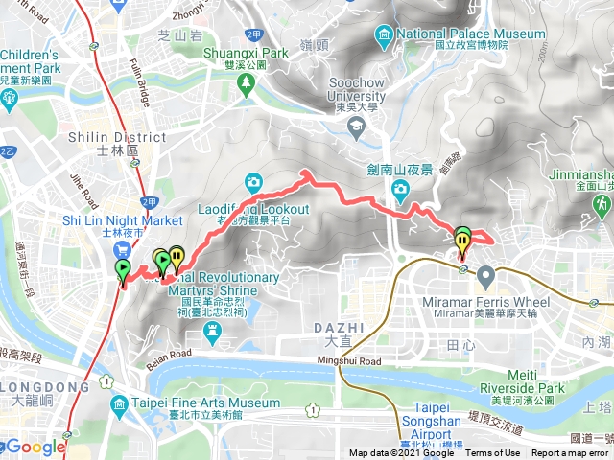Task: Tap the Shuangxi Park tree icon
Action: [248, 82]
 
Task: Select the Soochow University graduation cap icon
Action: [356, 126]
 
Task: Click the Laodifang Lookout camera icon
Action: [254, 181]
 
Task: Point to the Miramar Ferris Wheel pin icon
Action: [485, 278]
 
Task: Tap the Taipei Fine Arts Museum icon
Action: [118, 402]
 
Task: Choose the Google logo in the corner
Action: [35, 447]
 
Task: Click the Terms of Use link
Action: [493, 453]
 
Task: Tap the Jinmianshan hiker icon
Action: [602, 205]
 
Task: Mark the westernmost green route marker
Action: [123, 268]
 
